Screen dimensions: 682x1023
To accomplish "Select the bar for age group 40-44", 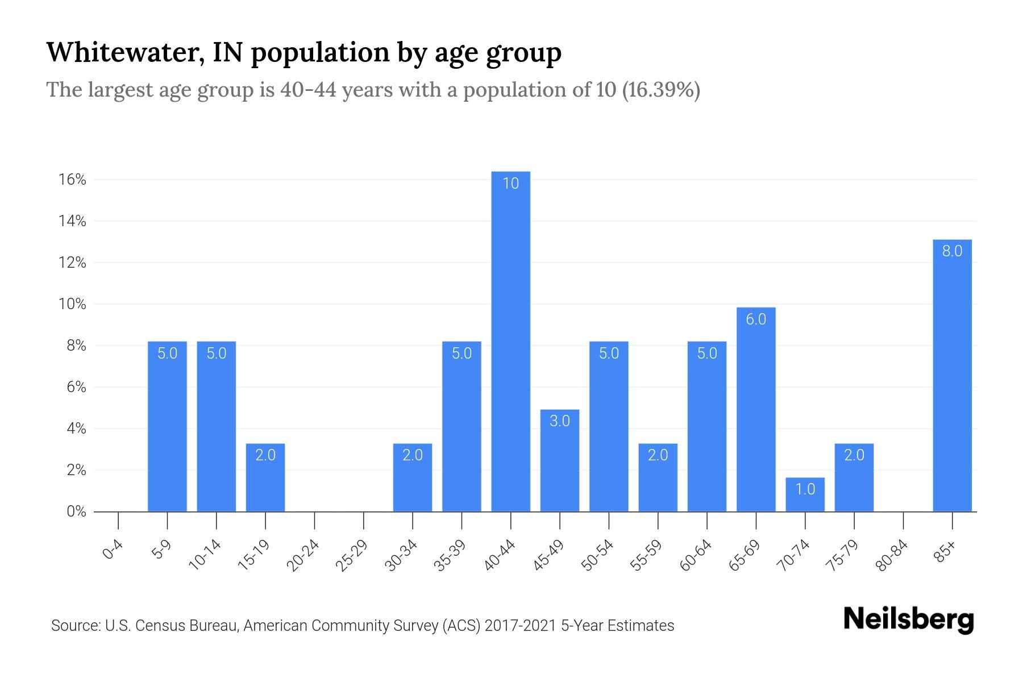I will click(510, 341).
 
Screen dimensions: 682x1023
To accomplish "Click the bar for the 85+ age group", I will click(952, 375).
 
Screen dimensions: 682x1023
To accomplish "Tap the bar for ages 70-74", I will click(805, 494).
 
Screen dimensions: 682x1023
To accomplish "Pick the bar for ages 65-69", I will click(756, 409).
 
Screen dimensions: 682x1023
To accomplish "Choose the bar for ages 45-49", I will click(559, 460).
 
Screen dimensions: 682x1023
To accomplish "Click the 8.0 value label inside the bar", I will click(952, 251).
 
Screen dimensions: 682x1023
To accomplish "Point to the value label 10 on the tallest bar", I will click(510, 183).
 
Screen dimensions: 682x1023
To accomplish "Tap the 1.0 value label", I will click(805, 489).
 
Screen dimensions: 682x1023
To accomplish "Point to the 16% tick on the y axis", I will click(72, 180).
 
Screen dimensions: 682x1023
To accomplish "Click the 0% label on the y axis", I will click(76, 511).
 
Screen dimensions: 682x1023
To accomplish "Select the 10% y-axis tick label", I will click(72, 304).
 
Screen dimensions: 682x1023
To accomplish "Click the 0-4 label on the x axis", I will click(113, 550).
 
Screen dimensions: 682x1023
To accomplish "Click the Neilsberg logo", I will click(908, 619).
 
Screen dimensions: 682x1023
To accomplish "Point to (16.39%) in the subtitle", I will click(661, 90).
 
